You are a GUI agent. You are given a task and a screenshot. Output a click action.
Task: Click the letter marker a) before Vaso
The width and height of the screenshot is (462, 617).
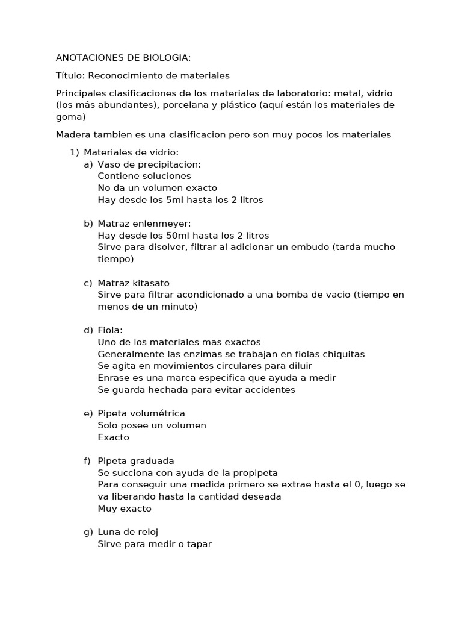[88, 164]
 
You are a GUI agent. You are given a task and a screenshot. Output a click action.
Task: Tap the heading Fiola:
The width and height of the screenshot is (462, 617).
[109, 331]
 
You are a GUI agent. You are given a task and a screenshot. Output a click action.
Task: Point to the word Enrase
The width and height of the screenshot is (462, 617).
[114, 378]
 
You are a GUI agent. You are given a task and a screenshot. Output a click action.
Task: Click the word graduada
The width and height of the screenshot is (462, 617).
[150, 462]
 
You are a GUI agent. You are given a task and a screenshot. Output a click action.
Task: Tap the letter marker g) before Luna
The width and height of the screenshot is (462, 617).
[88, 533]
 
